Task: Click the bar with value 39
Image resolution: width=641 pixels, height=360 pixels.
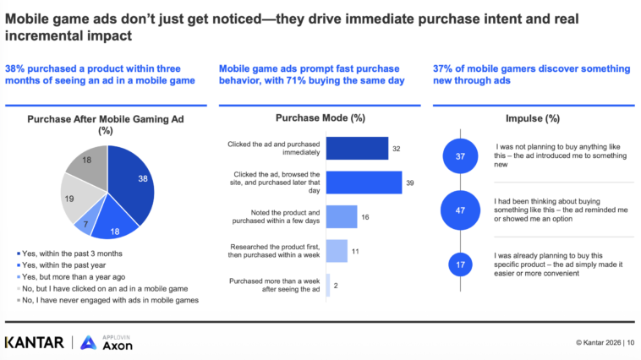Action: (364, 183)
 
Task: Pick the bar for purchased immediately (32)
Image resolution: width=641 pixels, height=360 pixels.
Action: (357, 149)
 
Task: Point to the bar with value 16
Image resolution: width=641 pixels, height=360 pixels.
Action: (342, 216)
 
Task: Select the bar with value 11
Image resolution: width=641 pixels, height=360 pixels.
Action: (337, 251)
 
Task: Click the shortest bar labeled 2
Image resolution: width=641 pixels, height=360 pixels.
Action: (328, 285)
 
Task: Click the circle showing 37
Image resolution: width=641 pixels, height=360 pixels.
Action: (460, 156)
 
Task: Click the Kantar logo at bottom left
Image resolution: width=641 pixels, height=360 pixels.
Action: (35, 342)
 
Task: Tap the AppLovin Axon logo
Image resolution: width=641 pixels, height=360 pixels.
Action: (107, 342)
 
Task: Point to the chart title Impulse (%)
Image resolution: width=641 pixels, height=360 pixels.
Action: (533, 118)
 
